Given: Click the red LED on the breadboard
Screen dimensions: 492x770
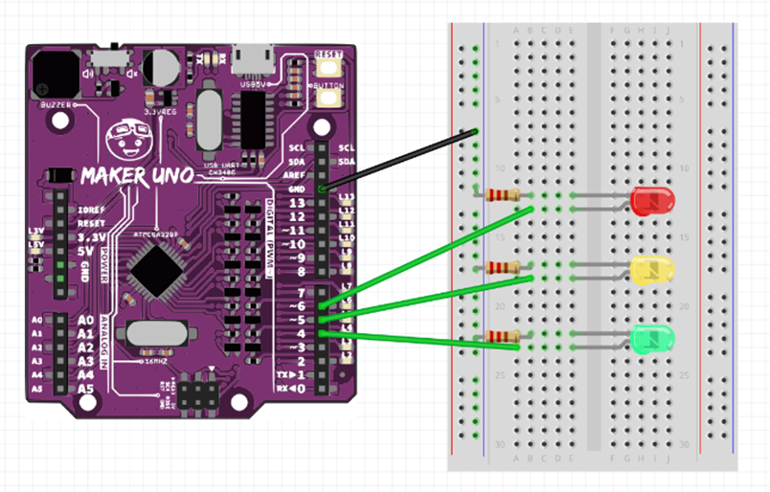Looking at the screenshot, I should pyautogui.click(x=653, y=201).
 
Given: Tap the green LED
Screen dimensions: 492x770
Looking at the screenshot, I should pyautogui.click(x=653, y=338).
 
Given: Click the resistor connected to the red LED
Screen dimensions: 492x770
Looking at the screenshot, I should pyautogui.click(x=501, y=195).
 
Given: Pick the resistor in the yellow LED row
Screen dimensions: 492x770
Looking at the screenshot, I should pyautogui.click(x=501, y=267).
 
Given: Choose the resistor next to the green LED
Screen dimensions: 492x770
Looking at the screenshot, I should pyautogui.click(x=501, y=336).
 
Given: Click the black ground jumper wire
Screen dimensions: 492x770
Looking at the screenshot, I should pyautogui.click(x=402, y=160).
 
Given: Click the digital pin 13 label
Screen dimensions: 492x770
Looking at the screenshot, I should pyautogui.click(x=297, y=204).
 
